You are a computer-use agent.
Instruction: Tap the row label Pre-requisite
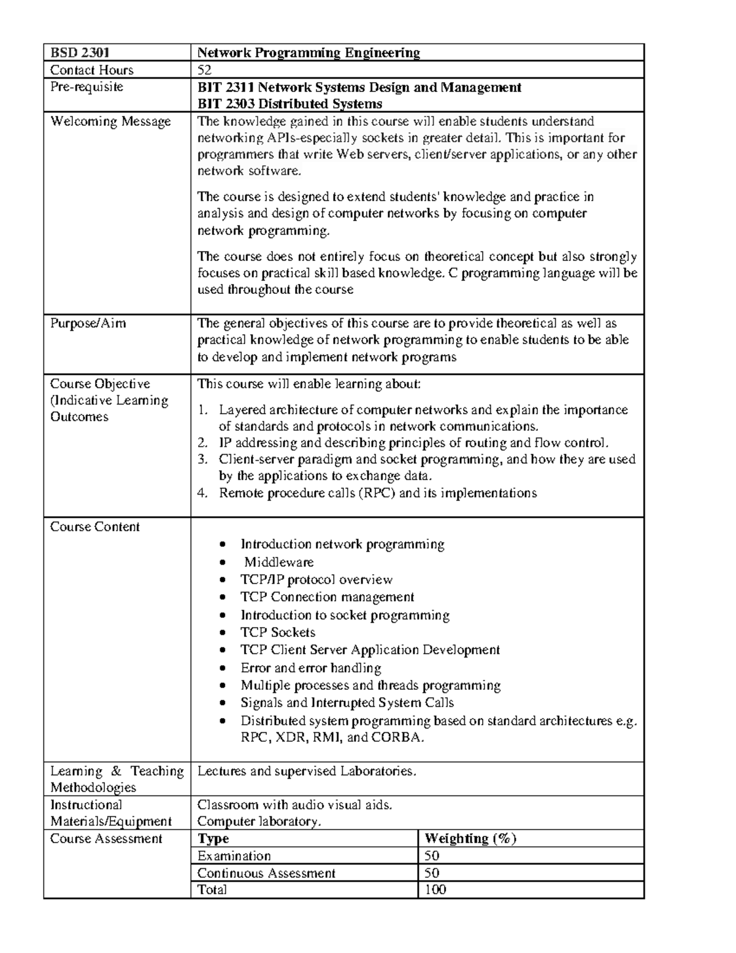pyautogui.click(x=86, y=87)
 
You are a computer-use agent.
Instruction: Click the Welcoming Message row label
pyautogui.click(x=110, y=122)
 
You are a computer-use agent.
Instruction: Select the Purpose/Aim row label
pyautogui.click(x=88, y=323)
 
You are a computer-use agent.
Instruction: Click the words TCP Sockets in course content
pyautogui.click(x=277, y=632)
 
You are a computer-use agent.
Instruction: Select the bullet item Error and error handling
pyautogui.click(x=310, y=668)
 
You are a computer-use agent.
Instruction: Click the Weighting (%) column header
pyautogui.click(x=470, y=838)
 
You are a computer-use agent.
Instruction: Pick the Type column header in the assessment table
pyautogui.click(x=213, y=838)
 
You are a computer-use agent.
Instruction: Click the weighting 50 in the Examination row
pyautogui.click(x=432, y=855)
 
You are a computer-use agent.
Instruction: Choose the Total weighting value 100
pyautogui.click(x=435, y=889)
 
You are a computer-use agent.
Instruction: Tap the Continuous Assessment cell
pyautogui.click(x=266, y=873)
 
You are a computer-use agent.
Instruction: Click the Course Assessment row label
pyautogui.click(x=106, y=838)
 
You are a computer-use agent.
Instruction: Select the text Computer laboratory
pyautogui.click(x=258, y=821)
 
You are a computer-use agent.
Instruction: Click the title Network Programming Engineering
pyautogui.click(x=308, y=53)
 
